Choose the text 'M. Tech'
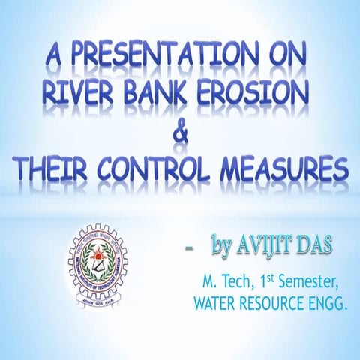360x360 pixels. (223, 283)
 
